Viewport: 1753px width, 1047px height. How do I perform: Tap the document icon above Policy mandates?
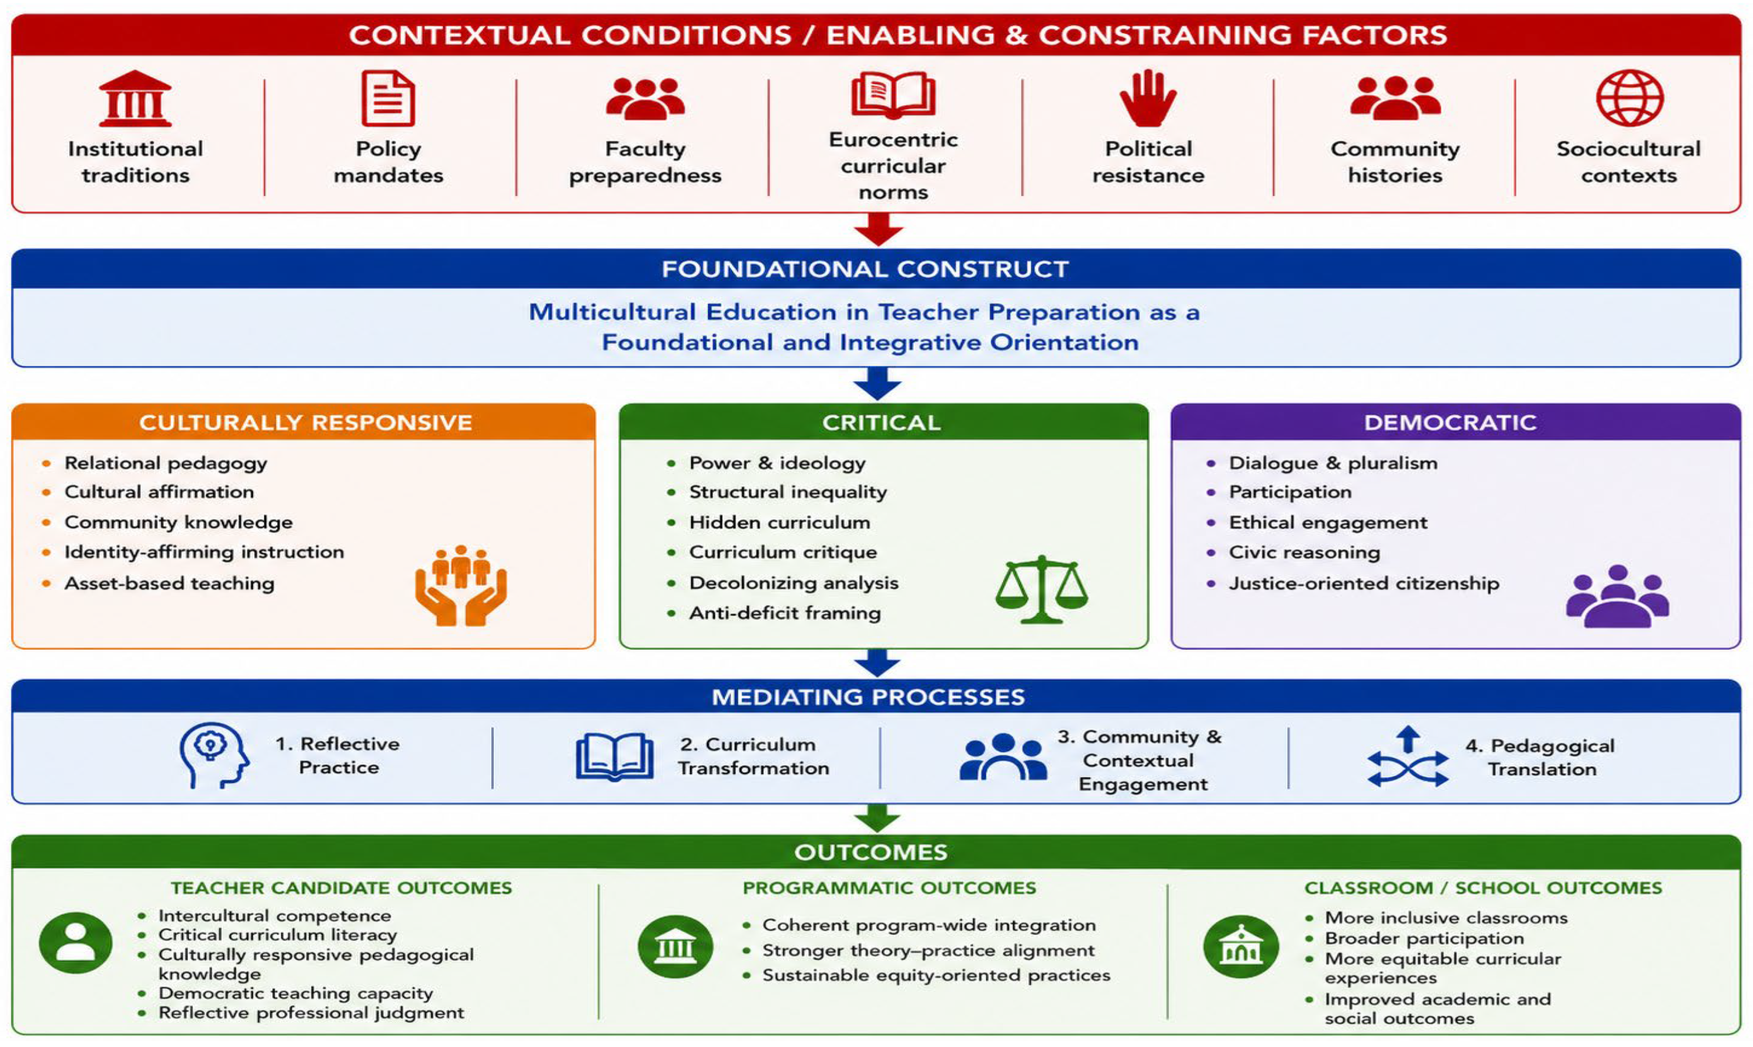tap(388, 98)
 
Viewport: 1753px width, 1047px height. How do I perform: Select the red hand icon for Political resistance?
tap(1147, 98)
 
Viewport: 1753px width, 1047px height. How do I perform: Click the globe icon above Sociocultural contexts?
tap(1630, 98)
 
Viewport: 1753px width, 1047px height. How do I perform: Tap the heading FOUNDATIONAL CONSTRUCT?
tap(865, 269)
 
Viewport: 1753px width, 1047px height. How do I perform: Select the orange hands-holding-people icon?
tap(461, 585)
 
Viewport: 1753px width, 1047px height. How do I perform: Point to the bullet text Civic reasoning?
tap(1304, 552)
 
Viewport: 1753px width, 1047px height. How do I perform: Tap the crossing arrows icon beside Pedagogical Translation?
tap(1408, 757)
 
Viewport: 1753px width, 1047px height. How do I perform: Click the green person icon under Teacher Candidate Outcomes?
tap(76, 942)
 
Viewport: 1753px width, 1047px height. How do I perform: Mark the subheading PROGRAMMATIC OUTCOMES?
tap(889, 887)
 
